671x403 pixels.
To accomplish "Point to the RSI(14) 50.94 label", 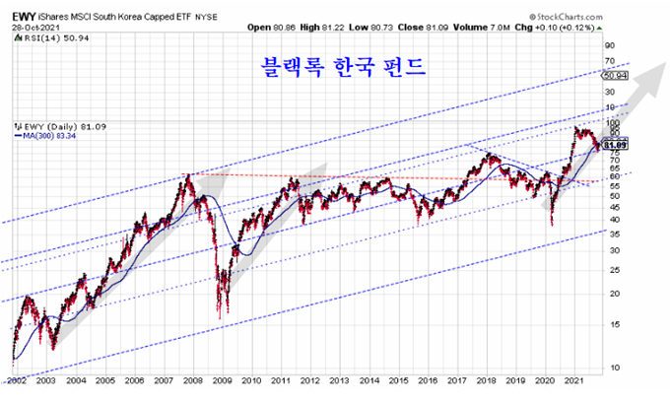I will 44,39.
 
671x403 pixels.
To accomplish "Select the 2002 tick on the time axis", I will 15,379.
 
